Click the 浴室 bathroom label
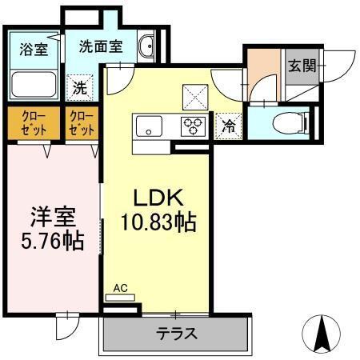click(34, 48)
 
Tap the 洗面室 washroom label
click(100, 46)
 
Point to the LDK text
click(157, 197)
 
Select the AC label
click(120, 287)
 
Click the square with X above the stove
click(194, 97)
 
